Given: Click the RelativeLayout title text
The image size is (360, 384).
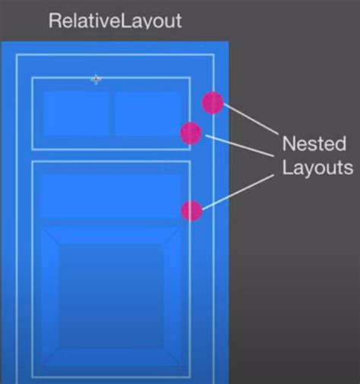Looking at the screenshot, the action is pos(115,20).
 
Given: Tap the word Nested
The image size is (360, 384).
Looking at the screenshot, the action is pos(314,143).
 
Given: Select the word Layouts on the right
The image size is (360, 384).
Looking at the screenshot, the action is pos(317,168).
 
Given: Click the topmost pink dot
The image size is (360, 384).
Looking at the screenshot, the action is pos(213,102).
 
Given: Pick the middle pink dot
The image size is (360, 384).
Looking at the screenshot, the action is pos(191,133).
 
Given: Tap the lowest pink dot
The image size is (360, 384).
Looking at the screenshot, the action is pos(191,210).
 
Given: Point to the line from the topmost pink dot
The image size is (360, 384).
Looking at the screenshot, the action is pos(251,118).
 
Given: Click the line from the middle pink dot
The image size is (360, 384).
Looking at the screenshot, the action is pos(239,146).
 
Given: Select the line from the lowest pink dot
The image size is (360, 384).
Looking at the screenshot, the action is pos(238,192).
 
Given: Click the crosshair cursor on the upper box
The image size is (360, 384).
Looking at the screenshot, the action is pos(96,80).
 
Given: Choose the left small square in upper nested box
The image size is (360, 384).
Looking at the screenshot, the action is pos(76,114).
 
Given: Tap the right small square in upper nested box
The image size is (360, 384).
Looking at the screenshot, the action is pos(147,114).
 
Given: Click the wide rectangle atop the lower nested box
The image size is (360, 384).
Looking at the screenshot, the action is pos(110,197).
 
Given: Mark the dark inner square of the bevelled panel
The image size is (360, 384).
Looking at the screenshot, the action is pos(112,296).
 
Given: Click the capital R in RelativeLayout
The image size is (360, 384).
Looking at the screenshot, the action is pos(55,20).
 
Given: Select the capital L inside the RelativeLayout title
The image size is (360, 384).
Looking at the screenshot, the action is pos(125,20).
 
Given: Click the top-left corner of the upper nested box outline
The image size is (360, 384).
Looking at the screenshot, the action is pos(32,77).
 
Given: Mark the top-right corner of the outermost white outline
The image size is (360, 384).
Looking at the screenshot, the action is pos(214,55).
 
